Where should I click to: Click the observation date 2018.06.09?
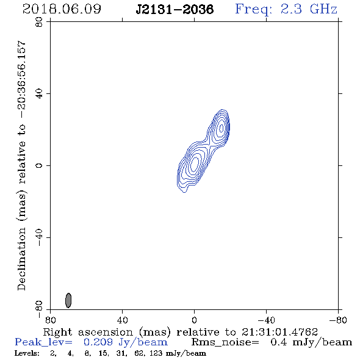62,9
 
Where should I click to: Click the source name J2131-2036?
175,9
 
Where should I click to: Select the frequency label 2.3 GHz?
309,9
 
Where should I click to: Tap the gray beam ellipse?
68,300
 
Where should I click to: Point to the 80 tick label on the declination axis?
39,22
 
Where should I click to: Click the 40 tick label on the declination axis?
39,94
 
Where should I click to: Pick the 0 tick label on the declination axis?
39,165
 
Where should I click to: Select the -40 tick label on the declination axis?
39,237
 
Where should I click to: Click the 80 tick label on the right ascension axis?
50,320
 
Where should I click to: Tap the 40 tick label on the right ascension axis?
122,320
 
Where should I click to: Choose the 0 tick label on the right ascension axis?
194,320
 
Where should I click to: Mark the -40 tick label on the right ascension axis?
266,320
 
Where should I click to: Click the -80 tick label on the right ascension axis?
338,320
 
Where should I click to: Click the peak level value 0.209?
98,342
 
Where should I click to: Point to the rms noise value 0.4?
278,342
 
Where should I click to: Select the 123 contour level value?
156,353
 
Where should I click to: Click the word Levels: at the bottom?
27,353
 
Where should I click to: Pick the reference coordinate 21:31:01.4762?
279,332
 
